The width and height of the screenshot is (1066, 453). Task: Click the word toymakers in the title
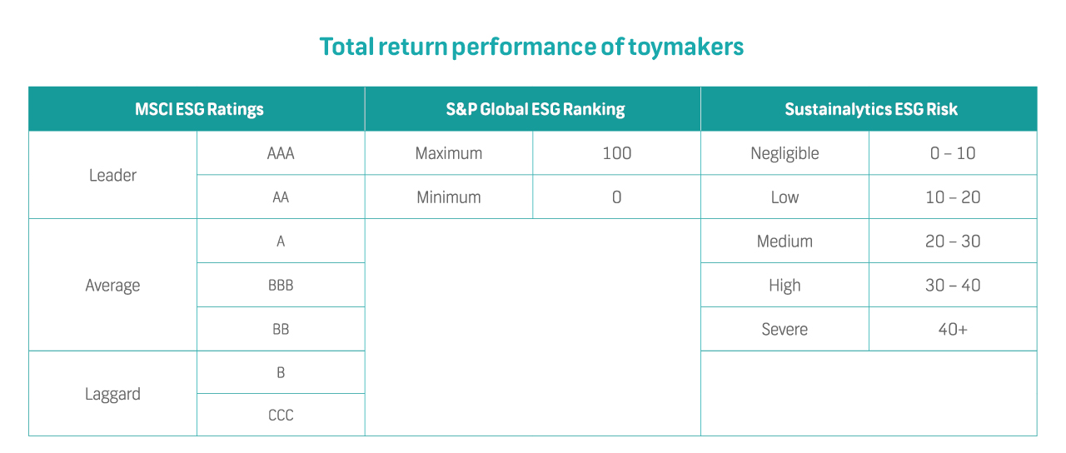point(685,47)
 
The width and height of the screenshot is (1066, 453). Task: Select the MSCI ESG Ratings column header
point(199,109)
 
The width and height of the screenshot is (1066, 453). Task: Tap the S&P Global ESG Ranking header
point(535,109)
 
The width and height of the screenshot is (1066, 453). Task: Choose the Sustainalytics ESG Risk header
point(871,109)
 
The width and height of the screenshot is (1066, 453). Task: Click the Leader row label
point(112,176)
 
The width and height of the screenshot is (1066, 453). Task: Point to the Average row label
point(112,286)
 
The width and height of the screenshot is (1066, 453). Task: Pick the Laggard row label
point(112,395)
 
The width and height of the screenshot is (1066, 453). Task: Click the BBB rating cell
point(281,286)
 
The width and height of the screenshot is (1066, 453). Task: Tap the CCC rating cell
point(281,416)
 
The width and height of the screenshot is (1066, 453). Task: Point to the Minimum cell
point(449,197)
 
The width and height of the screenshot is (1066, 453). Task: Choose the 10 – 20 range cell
point(953,197)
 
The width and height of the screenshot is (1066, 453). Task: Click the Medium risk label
point(785,241)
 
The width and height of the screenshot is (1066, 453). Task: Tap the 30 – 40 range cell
point(953,286)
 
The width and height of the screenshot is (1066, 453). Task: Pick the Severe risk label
point(785,329)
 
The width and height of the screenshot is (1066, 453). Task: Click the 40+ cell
point(953,329)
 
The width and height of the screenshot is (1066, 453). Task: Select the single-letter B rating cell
point(281,372)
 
